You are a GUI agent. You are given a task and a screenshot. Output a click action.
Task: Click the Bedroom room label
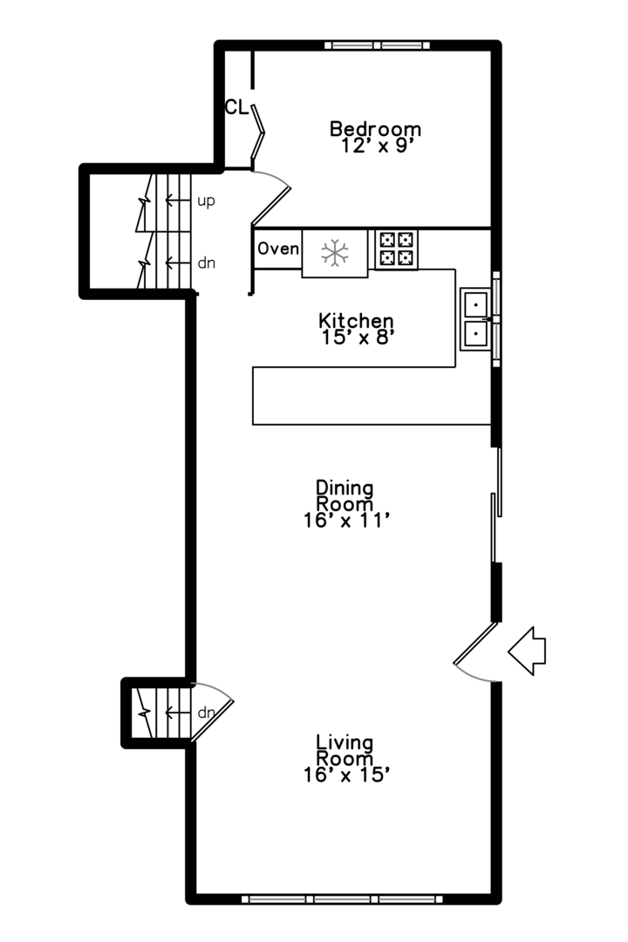pos(375,128)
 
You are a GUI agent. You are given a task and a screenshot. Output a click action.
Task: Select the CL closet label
pos(236,107)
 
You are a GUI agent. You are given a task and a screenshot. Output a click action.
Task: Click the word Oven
pos(278,248)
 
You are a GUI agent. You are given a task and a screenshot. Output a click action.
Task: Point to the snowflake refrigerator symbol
pos(335,253)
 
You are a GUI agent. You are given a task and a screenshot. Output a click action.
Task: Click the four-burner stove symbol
pos(396,249)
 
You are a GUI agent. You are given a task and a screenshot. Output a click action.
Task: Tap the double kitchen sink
pos(476,319)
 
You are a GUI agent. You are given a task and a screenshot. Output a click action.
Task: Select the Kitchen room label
pos(356,320)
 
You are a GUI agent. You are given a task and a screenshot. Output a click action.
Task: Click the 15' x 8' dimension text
pos(358,337)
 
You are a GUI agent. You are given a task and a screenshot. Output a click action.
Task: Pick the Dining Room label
pos(345,495)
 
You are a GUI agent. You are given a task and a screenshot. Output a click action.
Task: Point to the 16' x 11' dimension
pos(347,520)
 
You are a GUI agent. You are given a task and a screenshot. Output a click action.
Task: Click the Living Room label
pos(345,750)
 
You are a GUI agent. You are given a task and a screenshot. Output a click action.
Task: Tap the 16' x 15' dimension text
pos(347,775)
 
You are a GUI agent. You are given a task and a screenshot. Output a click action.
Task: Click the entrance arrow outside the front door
pos(527,651)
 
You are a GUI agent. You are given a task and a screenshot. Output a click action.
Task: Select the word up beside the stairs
pos(206,201)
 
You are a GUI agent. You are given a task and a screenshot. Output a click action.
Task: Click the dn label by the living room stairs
pos(206,713)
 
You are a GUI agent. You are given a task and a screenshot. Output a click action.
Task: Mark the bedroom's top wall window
pos(378,45)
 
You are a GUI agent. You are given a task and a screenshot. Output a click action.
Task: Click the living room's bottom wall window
pos(342,899)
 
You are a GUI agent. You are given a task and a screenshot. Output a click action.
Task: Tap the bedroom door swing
pos(271,195)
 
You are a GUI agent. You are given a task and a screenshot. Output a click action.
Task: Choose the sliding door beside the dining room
pos(496,505)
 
